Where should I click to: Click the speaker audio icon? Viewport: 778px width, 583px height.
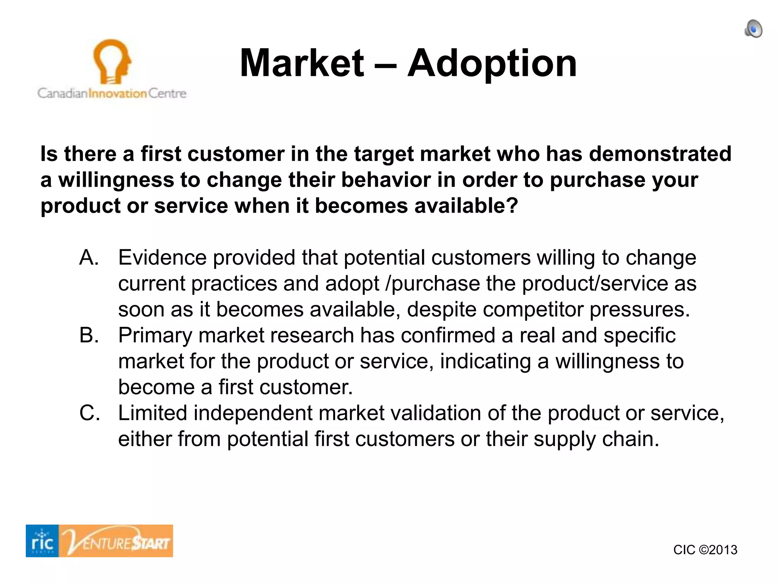point(753,29)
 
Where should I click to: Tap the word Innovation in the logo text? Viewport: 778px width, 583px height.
point(117,93)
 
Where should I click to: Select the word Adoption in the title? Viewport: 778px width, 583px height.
point(492,64)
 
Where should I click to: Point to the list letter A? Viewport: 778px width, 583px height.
point(89,258)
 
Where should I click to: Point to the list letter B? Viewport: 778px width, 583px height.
point(89,336)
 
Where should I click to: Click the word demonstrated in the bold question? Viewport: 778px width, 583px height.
point(660,154)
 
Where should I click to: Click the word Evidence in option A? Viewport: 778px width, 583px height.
point(163,258)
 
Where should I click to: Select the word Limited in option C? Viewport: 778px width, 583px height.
point(152,413)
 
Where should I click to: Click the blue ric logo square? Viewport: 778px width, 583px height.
point(42,541)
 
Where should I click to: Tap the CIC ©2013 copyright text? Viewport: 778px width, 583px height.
point(705,550)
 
